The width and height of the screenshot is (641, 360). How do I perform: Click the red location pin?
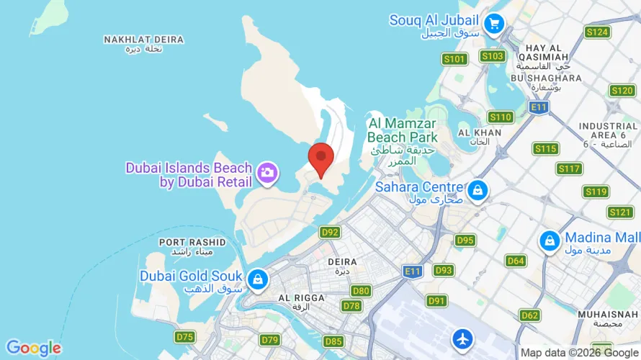[x=320, y=157]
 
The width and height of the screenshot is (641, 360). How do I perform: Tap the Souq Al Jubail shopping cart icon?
[x=493, y=24]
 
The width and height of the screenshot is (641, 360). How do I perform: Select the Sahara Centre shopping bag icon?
[x=477, y=191]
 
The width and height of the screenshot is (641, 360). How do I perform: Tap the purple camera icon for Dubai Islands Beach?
[x=267, y=172]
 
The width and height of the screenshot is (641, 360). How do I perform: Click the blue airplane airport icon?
[x=462, y=338]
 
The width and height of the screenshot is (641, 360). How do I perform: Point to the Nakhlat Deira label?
[x=143, y=40]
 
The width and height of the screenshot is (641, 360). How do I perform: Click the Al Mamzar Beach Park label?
[x=402, y=130]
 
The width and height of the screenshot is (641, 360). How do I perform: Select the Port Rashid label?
[x=192, y=242]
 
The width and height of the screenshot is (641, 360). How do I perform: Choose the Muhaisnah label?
[x=608, y=315]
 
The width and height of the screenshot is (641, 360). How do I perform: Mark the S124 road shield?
[x=597, y=32]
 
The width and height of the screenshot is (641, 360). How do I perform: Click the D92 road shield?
[x=330, y=232]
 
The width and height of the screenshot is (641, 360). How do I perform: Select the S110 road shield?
[x=500, y=117]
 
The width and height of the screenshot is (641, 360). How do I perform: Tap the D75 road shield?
[x=185, y=337]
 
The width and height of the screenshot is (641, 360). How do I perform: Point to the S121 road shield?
[x=619, y=212]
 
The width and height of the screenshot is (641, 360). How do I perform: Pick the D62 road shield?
[x=529, y=315]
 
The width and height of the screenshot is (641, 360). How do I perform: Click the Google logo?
[x=33, y=348]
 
